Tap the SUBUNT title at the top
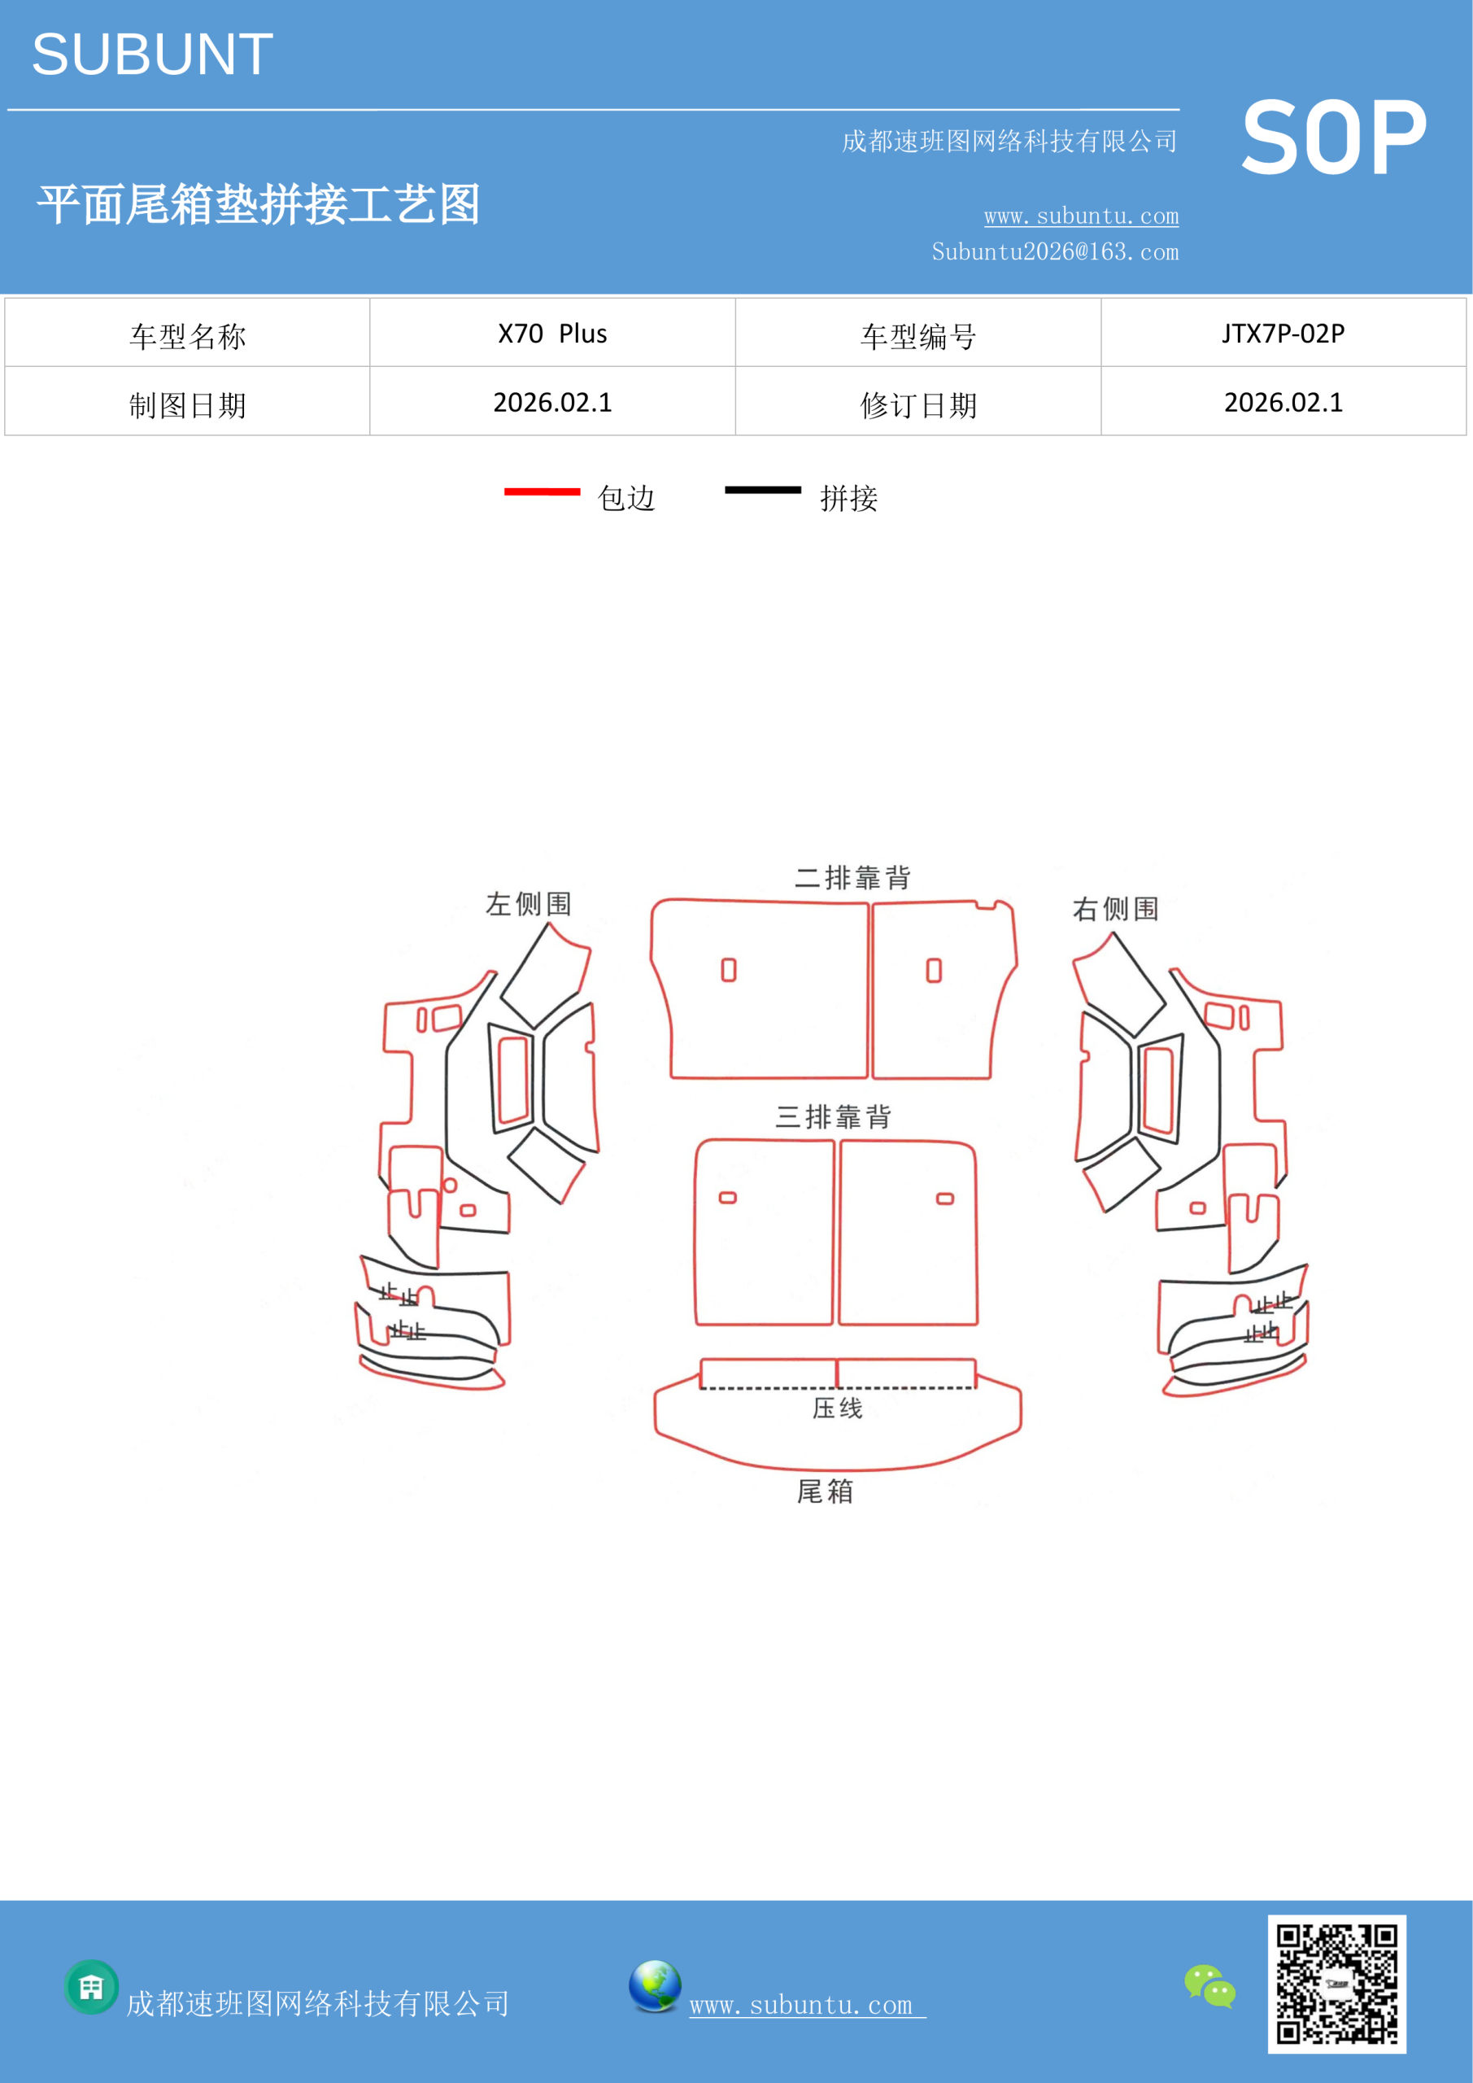[x=152, y=55]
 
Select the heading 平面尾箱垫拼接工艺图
[x=259, y=204]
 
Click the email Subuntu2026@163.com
[x=1055, y=251]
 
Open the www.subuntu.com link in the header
[x=1081, y=216]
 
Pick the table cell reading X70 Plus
[x=552, y=333]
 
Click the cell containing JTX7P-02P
[x=1283, y=333]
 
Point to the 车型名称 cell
[x=187, y=333]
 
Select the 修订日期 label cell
[x=918, y=402]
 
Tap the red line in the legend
[x=542, y=491]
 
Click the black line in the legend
[x=763, y=490]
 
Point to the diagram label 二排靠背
[x=852, y=877]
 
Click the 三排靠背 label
[x=833, y=1117]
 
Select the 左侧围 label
[x=529, y=904]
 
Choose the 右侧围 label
[x=1116, y=908]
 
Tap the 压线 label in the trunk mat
[x=837, y=1408]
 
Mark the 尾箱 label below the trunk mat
[x=825, y=1491]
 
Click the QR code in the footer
[x=1336, y=1984]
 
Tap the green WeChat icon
[x=1210, y=1986]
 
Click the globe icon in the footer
[x=655, y=1986]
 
